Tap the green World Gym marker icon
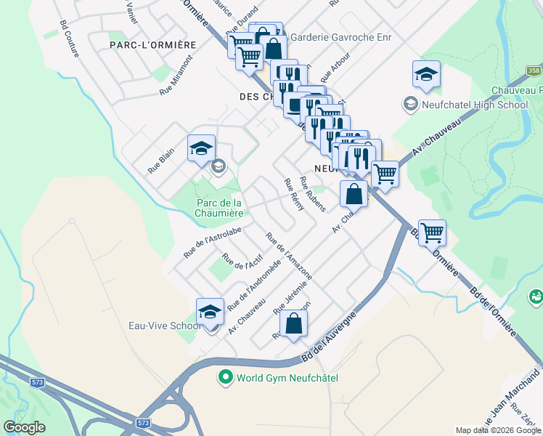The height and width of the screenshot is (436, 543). pyautogui.click(x=225, y=378)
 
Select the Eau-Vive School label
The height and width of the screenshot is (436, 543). pyautogui.click(x=164, y=326)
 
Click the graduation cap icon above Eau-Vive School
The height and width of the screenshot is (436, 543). pyautogui.click(x=211, y=312)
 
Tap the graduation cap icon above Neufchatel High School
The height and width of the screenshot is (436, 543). pyautogui.click(x=426, y=74)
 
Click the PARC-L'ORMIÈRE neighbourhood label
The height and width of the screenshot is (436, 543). pyautogui.click(x=153, y=45)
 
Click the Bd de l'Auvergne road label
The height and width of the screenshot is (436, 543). pyautogui.click(x=330, y=336)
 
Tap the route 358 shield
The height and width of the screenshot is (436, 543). pyautogui.click(x=534, y=70)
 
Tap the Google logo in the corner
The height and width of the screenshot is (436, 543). pyautogui.click(x=24, y=427)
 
